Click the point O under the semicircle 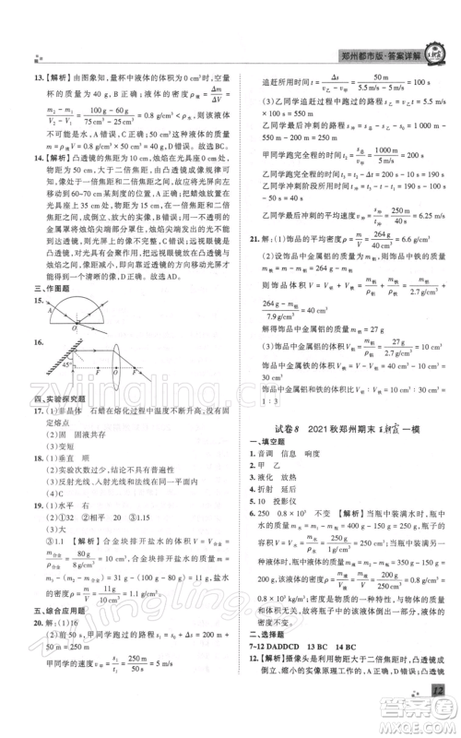(x=76, y=327)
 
